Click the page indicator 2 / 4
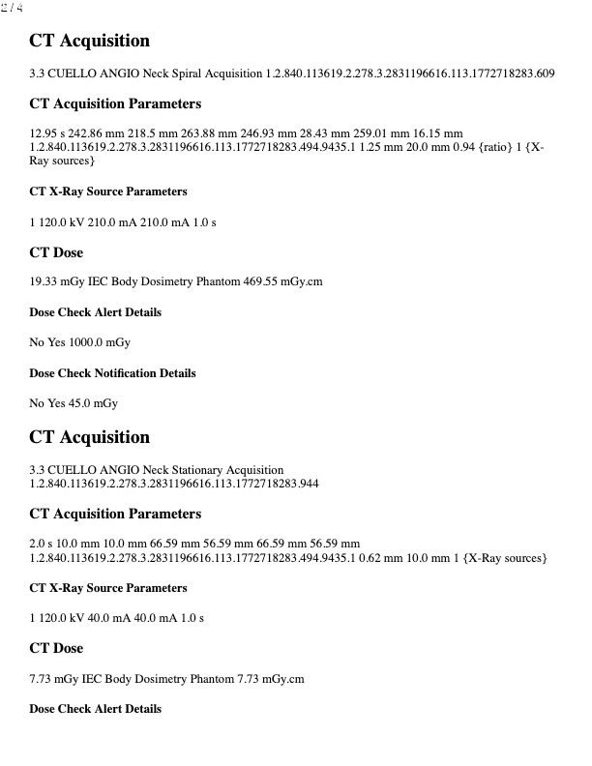pyautogui.click(x=12, y=8)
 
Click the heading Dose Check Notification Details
pyautogui.click(x=112, y=373)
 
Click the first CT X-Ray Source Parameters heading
pyautogui.click(x=108, y=191)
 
